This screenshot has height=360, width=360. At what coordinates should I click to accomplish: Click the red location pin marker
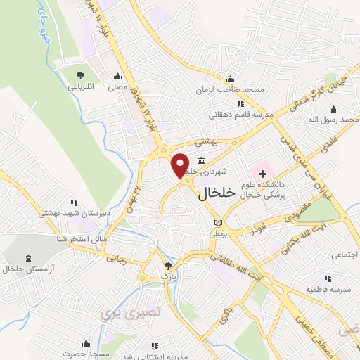[x=181, y=165]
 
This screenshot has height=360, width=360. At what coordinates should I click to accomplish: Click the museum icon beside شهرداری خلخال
[x=202, y=159]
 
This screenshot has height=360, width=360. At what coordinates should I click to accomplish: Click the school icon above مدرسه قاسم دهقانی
[x=241, y=104]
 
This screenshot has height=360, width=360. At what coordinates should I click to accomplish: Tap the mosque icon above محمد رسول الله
[x=333, y=109]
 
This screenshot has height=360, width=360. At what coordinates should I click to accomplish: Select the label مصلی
[x=116, y=89]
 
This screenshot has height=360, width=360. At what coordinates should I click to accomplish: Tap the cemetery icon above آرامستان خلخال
[x=27, y=259]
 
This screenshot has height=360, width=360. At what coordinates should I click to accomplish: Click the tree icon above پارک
[x=167, y=265]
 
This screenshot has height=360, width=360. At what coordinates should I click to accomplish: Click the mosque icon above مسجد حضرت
[x=86, y=343]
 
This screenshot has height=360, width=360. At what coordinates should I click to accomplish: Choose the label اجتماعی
[x=344, y=254]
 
